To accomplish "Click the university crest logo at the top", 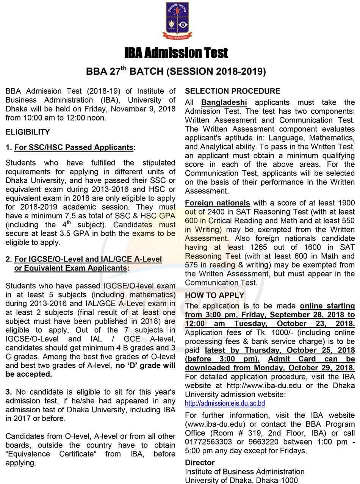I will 177,20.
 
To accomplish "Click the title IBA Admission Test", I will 177,53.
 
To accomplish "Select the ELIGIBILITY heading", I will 28,132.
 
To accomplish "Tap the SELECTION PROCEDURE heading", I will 232,91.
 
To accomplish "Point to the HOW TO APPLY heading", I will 214,295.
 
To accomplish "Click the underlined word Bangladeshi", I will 224,102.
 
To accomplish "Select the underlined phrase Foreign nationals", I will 217,203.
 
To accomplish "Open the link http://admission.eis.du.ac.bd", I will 225,403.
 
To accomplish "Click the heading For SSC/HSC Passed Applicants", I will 74,147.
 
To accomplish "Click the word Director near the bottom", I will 200,462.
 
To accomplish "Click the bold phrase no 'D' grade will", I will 146,365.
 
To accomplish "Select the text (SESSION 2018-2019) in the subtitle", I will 216,72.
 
